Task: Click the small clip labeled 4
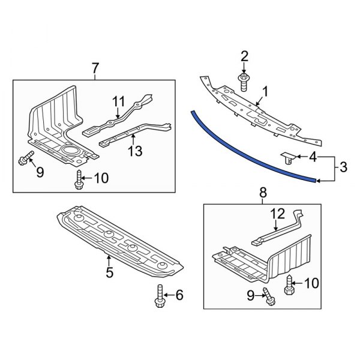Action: pyautogui.click(x=289, y=158)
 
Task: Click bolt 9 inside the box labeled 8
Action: pyautogui.click(x=267, y=295)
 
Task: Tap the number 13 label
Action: pyautogui.click(x=136, y=151)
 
